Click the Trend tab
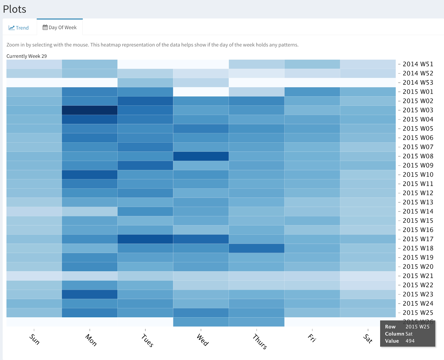[x=19, y=28]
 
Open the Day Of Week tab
[x=60, y=27]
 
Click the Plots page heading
[x=14, y=9]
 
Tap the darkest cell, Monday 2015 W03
[x=90, y=110]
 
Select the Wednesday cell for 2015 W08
[x=201, y=156]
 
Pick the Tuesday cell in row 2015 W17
[x=145, y=239]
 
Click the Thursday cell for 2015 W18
[x=256, y=248]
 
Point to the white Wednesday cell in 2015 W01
[x=201, y=92]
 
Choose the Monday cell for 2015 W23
[x=90, y=294]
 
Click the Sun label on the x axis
[x=34, y=339]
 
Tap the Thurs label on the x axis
[x=260, y=341]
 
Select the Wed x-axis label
[x=203, y=340]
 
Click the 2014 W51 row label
[x=418, y=64]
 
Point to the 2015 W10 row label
[x=418, y=175]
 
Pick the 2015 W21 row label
[x=418, y=276]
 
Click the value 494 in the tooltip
[x=410, y=341]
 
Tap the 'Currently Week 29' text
[x=27, y=56]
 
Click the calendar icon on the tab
[x=45, y=27]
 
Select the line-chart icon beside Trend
[x=11, y=28]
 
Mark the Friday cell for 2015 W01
[x=312, y=92]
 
